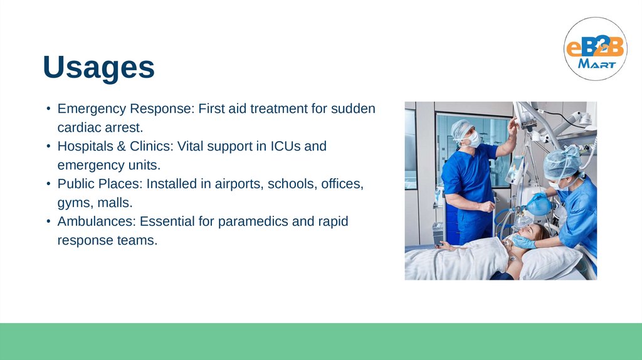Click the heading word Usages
[x=98, y=67]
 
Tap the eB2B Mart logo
[x=596, y=49]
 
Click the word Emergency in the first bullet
[x=92, y=109]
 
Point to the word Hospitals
[x=85, y=146]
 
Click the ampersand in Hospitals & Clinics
[x=121, y=146]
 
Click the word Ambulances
[x=97, y=221]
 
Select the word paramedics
[x=253, y=221]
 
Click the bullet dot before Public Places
[x=48, y=184]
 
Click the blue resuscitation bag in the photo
[x=539, y=206]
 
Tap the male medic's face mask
[x=474, y=139]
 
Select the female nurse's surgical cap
[x=562, y=162]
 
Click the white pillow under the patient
[x=550, y=263]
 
